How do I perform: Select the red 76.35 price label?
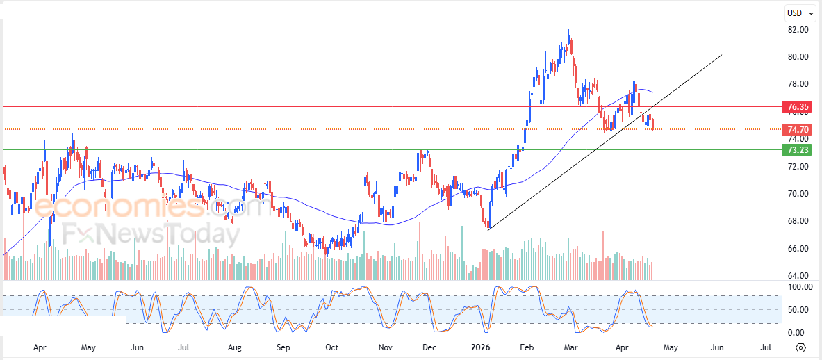pyautogui.click(x=796, y=107)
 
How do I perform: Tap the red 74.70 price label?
pyautogui.click(x=796, y=129)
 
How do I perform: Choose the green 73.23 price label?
pyautogui.click(x=796, y=149)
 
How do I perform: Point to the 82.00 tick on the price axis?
pyautogui.click(x=798, y=30)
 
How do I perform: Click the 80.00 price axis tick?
pyautogui.click(x=798, y=57)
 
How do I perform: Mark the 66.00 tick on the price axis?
pyautogui.click(x=798, y=248)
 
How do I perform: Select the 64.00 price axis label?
pyautogui.click(x=798, y=276)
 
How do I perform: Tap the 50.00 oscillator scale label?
pyautogui.click(x=798, y=309)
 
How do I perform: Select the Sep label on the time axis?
pyautogui.click(x=283, y=347)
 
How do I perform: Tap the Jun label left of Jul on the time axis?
pyautogui.click(x=137, y=347)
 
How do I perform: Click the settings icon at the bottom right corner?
pyautogui.click(x=800, y=347)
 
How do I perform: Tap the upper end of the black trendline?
pyautogui.click(x=722, y=55)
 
